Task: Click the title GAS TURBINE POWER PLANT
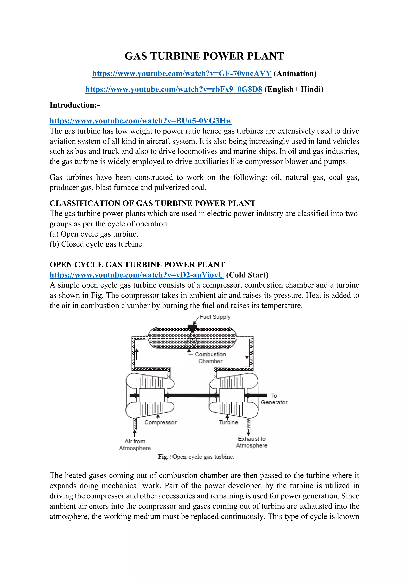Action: click(x=204, y=56)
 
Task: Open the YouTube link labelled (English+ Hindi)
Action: click(x=174, y=89)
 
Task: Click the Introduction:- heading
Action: click(x=74, y=105)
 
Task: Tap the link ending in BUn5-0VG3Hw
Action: click(x=141, y=121)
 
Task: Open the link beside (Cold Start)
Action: click(x=137, y=275)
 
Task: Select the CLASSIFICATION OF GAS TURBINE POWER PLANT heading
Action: click(x=152, y=203)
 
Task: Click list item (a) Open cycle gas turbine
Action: click(x=94, y=234)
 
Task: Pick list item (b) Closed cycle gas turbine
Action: click(x=96, y=244)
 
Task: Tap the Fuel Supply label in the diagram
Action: click(x=215, y=317)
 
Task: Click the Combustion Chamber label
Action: click(x=210, y=358)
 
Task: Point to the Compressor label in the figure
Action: click(x=160, y=423)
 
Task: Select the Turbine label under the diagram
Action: click(x=228, y=423)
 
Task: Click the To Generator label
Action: click(x=274, y=399)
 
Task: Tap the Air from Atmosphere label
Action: click(x=135, y=445)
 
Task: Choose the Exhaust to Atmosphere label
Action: click(x=252, y=442)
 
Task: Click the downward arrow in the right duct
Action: click(x=247, y=354)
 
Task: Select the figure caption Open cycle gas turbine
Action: click(x=196, y=457)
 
